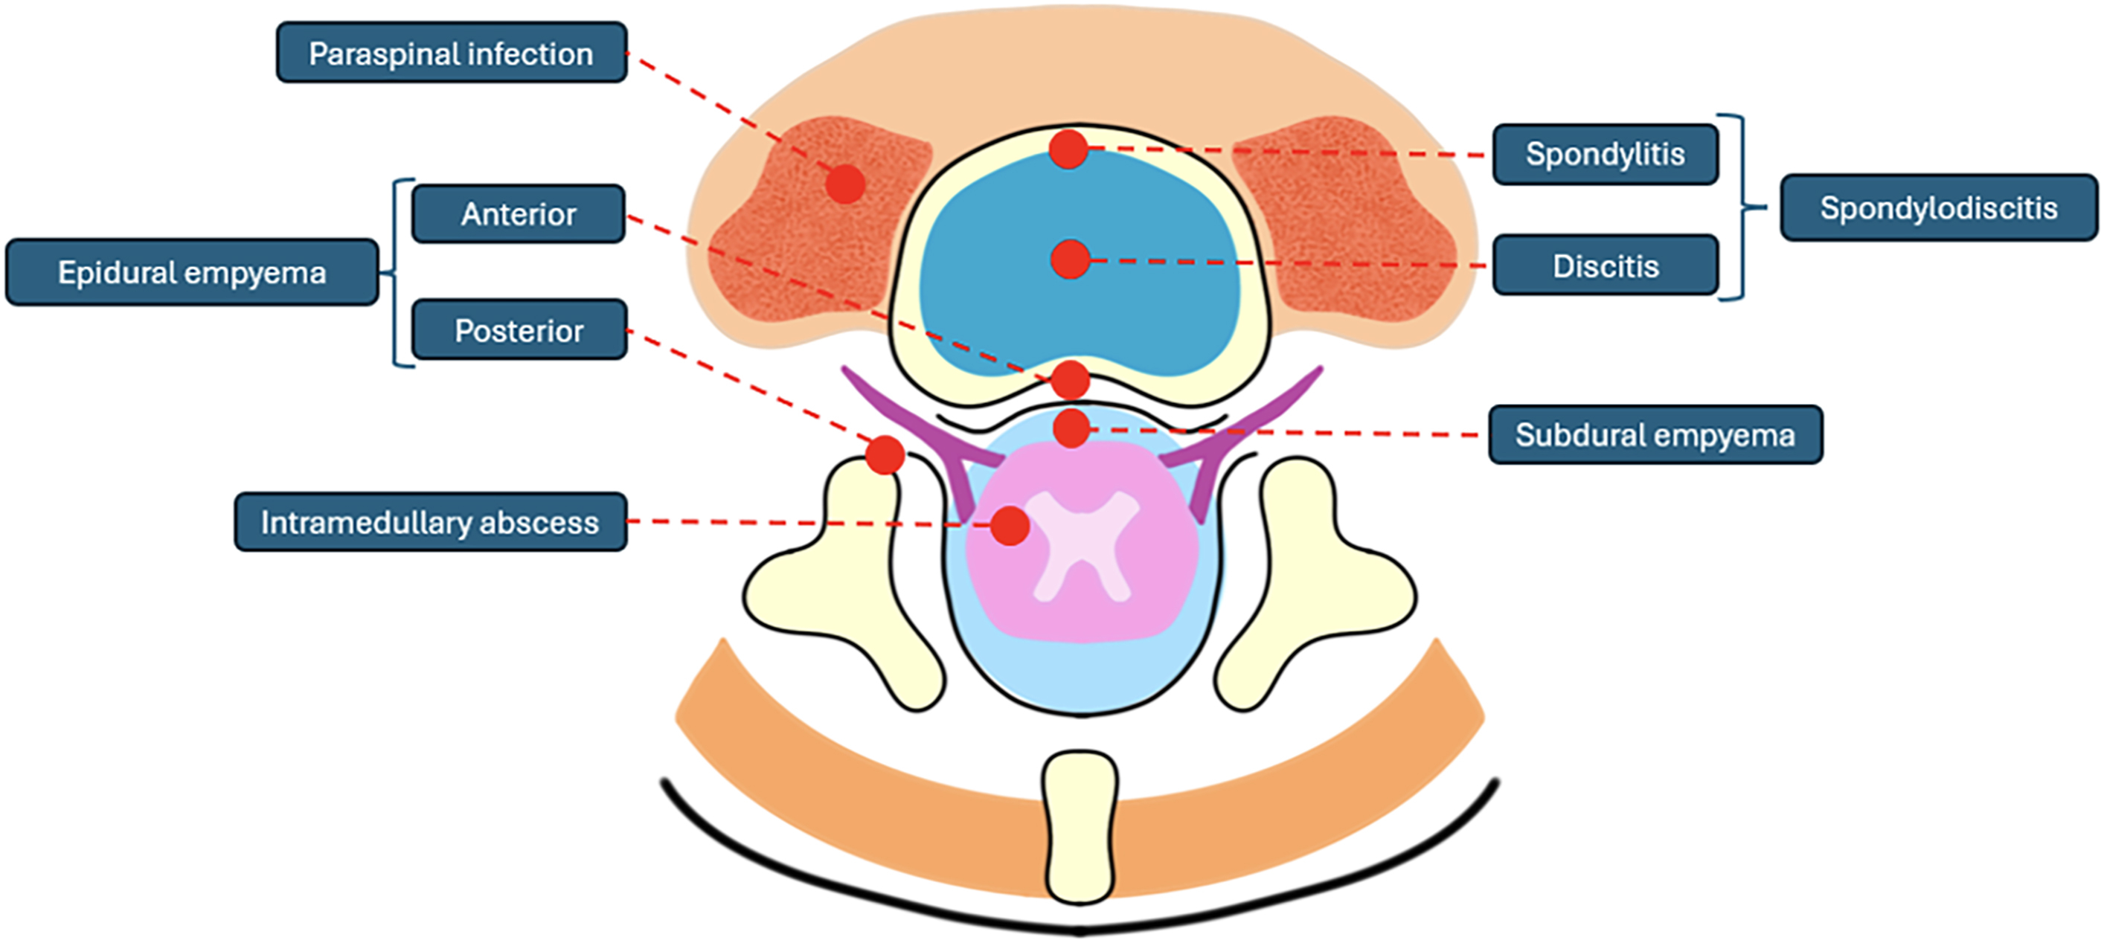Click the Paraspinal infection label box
click(x=451, y=53)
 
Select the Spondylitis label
click(x=1605, y=154)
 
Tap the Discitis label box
click(x=1605, y=265)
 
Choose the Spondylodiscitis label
click(x=1938, y=207)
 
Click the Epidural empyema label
click(x=192, y=272)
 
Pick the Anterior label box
click(x=519, y=214)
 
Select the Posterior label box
click(x=519, y=330)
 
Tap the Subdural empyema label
click(x=1655, y=434)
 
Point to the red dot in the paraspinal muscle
click(x=844, y=184)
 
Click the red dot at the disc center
click(x=1070, y=260)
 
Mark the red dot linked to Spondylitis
click(x=1068, y=149)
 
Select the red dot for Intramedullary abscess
click(x=1010, y=526)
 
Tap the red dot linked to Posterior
click(x=885, y=454)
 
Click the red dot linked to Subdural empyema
click(x=1071, y=428)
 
